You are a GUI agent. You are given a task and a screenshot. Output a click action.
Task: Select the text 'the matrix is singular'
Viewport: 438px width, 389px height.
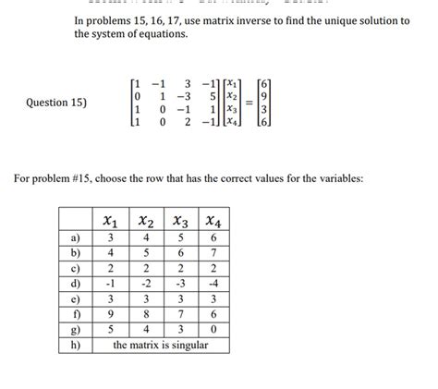[161, 345]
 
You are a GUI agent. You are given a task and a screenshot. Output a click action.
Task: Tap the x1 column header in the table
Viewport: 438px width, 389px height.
[111, 221]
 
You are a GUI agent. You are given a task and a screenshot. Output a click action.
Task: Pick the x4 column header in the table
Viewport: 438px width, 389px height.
[213, 221]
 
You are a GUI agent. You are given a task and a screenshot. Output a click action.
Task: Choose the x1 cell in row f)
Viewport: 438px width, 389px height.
[111, 313]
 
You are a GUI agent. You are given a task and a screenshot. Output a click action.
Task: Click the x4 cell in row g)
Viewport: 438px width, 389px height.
[213, 329]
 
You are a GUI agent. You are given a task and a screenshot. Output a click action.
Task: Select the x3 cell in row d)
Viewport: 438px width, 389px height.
[179, 283]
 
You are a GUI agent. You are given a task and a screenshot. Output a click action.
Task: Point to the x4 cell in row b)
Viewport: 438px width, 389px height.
[213, 252]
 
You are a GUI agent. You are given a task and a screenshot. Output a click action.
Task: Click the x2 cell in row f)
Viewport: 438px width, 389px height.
[145, 313]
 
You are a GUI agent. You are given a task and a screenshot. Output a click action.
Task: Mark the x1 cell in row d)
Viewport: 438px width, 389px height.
[111, 283]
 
